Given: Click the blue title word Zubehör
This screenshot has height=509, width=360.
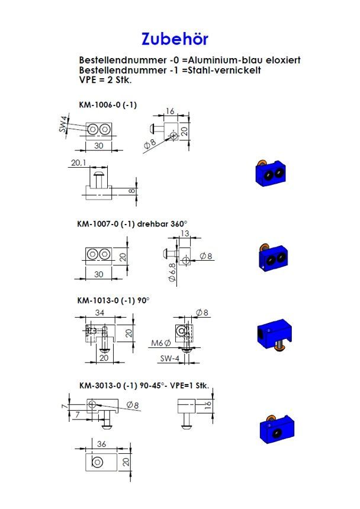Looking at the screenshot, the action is click(175, 39).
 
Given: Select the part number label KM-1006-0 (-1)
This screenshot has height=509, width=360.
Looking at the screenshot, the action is click(108, 105).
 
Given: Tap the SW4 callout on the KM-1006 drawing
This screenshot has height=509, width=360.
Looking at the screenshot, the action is click(63, 124).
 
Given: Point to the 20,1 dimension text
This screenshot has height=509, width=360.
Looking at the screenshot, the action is click(78, 162).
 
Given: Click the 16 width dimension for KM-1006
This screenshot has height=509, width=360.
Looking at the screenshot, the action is click(170, 111).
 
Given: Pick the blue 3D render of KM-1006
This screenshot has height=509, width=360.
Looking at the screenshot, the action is click(271, 174).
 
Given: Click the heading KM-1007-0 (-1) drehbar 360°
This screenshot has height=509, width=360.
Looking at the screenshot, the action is click(132, 224).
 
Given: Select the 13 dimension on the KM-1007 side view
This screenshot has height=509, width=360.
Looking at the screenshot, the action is click(185, 233).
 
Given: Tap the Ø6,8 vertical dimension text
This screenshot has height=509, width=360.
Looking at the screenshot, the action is click(172, 272).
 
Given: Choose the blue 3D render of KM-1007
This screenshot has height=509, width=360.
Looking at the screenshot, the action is click(274, 257).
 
